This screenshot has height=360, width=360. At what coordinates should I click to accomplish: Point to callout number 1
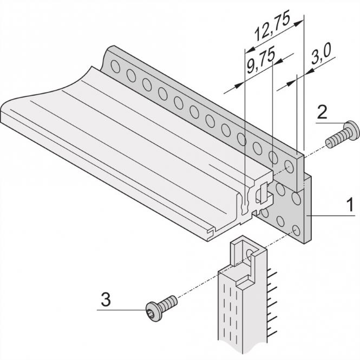[350, 205]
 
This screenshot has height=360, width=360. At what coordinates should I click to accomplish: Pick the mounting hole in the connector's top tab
[250, 253]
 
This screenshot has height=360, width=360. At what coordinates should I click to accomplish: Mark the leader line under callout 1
[333, 215]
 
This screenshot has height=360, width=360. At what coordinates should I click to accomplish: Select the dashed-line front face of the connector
[233, 314]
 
